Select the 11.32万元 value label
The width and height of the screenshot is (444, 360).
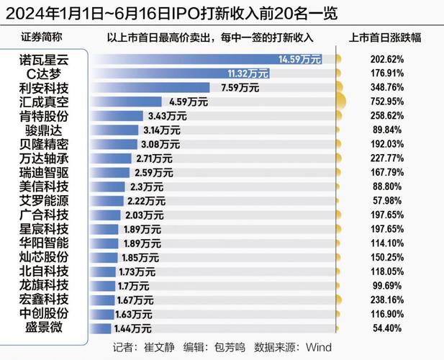click(248, 73)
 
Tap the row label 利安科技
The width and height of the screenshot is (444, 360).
click(44, 87)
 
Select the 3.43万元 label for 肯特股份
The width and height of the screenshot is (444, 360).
click(167, 115)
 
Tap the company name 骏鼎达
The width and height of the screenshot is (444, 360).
click(44, 130)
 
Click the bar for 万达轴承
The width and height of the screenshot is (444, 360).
click(112, 158)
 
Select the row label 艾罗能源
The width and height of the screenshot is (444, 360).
click(44, 200)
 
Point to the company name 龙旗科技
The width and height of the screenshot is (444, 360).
click(44, 285)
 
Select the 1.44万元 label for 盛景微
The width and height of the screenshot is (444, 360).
click(133, 328)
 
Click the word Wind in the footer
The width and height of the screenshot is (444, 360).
click(318, 347)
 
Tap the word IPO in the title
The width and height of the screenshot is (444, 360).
click(171, 13)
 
